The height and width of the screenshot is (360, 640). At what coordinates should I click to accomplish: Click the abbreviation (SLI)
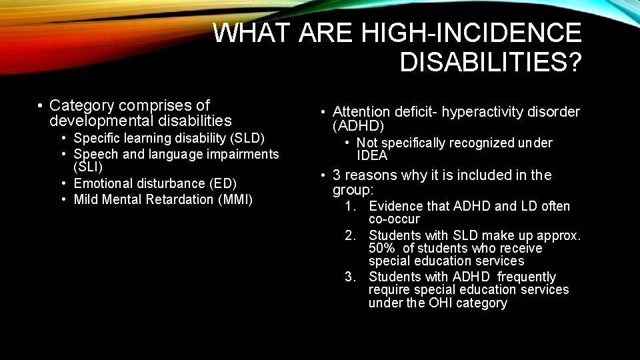point(88,167)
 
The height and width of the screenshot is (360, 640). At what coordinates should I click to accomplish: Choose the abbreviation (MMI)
point(235,200)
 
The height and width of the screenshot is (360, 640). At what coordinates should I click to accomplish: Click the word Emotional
point(100,183)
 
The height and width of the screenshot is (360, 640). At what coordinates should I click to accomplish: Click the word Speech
point(93,155)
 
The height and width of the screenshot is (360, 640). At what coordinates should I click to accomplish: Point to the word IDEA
point(372,156)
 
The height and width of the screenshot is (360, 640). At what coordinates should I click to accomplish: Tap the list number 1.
point(349,207)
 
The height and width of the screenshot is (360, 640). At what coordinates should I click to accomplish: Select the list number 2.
point(349,235)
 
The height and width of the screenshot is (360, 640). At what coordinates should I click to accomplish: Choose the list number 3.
point(349,277)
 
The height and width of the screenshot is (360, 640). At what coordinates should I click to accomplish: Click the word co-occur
point(394,219)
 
